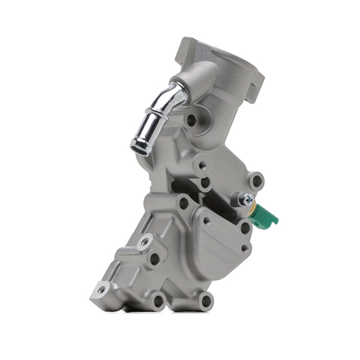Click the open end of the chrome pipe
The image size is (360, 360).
click(140, 145)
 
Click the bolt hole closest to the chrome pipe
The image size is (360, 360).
click(191, 119)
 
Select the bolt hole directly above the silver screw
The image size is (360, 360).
click(257, 180)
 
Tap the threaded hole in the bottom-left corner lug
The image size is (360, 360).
click(101, 290)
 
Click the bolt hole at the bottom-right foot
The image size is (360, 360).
click(206, 300)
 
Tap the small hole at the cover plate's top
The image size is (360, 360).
click(206, 220)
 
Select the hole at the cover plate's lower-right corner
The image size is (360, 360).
click(245, 247)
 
